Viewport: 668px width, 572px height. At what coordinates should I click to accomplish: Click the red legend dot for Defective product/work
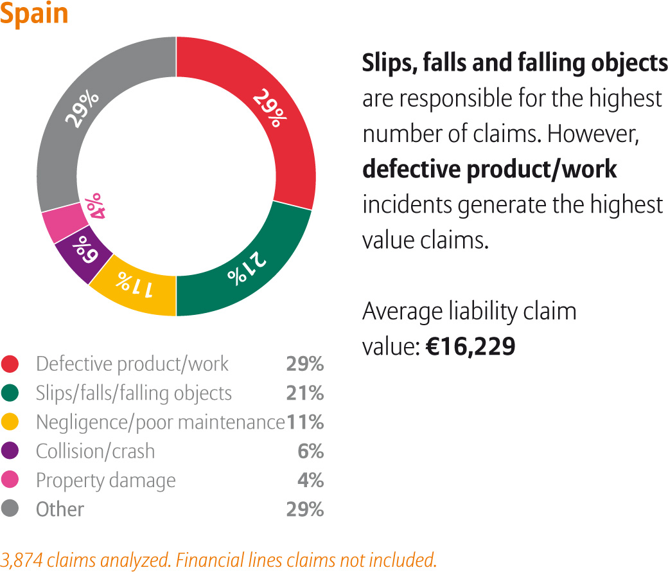click(x=11, y=364)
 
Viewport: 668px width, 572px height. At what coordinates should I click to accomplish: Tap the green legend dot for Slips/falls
click(x=11, y=393)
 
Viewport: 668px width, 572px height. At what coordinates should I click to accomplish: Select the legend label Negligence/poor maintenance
click(x=160, y=422)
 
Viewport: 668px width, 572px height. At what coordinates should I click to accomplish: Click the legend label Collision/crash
click(x=95, y=451)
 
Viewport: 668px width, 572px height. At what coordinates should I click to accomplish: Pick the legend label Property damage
click(x=105, y=480)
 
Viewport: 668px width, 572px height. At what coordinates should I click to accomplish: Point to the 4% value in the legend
click(x=310, y=480)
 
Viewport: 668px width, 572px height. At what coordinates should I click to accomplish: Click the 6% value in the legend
click(x=310, y=451)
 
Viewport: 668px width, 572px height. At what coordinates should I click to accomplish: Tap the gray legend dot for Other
click(x=11, y=509)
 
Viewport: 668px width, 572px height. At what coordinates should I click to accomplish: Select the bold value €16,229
click(x=470, y=346)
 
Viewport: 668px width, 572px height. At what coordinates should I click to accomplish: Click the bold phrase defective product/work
click(x=489, y=169)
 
